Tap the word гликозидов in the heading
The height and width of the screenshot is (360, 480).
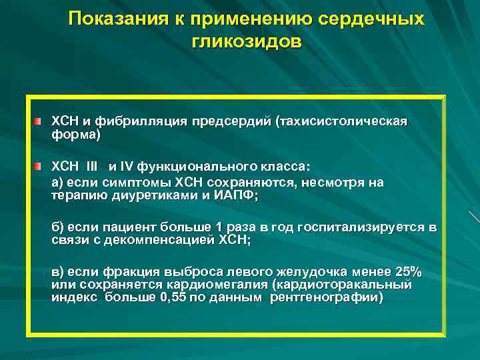[x=247, y=41]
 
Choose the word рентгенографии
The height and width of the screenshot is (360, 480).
[x=326, y=297]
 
